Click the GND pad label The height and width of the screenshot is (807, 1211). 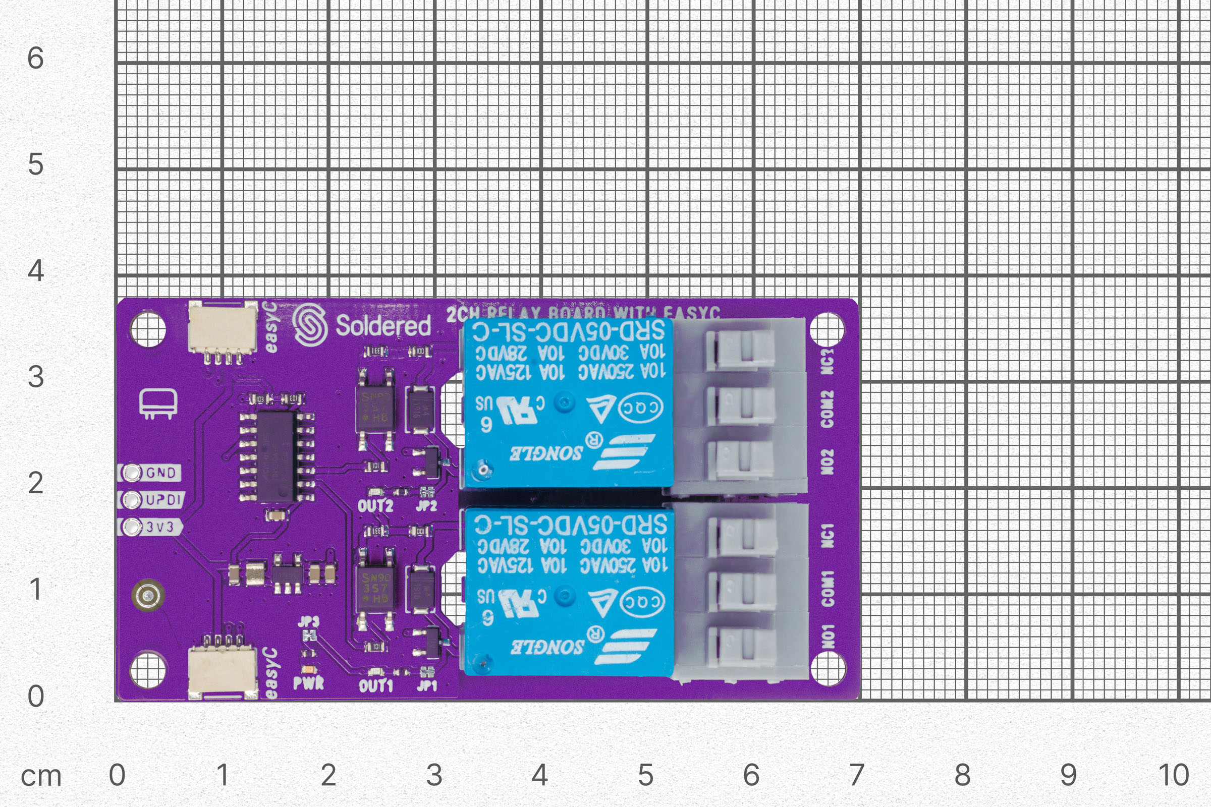pos(160,473)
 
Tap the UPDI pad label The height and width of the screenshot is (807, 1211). pos(162,500)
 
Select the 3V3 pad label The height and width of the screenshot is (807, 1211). pos(159,527)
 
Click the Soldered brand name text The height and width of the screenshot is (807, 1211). pos(383,326)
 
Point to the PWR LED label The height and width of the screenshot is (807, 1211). pos(308,683)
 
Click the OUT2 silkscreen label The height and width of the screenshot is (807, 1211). pos(375,506)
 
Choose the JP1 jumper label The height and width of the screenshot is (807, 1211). pos(426,685)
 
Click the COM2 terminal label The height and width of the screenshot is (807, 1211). pos(827,409)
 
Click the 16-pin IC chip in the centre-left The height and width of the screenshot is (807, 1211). pos(277,456)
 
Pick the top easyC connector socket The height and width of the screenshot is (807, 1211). pos(223,328)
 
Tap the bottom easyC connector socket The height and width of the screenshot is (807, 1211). pos(223,671)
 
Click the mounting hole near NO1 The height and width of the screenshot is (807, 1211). pos(828,669)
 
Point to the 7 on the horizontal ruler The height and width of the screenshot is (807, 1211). pos(856,775)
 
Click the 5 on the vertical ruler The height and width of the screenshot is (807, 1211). pos(35,164)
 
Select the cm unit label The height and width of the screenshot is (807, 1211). pos(41,776)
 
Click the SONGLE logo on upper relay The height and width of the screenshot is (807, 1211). pos(546,453)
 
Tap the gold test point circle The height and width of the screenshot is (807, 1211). pos(148,596)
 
